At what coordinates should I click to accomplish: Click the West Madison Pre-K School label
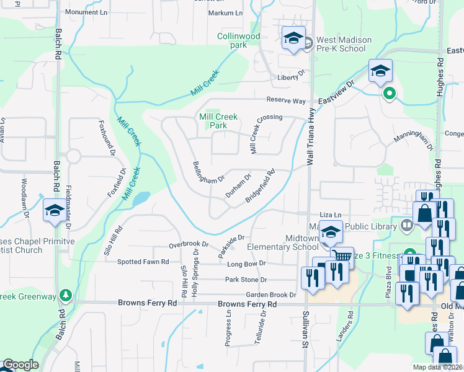344,44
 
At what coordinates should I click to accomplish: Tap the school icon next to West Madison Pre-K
293,39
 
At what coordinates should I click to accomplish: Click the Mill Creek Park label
213,121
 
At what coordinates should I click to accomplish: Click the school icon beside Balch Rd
54,211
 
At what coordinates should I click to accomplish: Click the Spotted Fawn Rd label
143,262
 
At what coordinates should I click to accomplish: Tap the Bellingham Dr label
208,172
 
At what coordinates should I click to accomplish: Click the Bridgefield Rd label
260,186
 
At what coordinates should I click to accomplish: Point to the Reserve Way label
287,100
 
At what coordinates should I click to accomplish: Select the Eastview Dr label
336,92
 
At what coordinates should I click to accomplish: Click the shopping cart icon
342,256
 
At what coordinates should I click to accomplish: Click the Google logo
20,365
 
